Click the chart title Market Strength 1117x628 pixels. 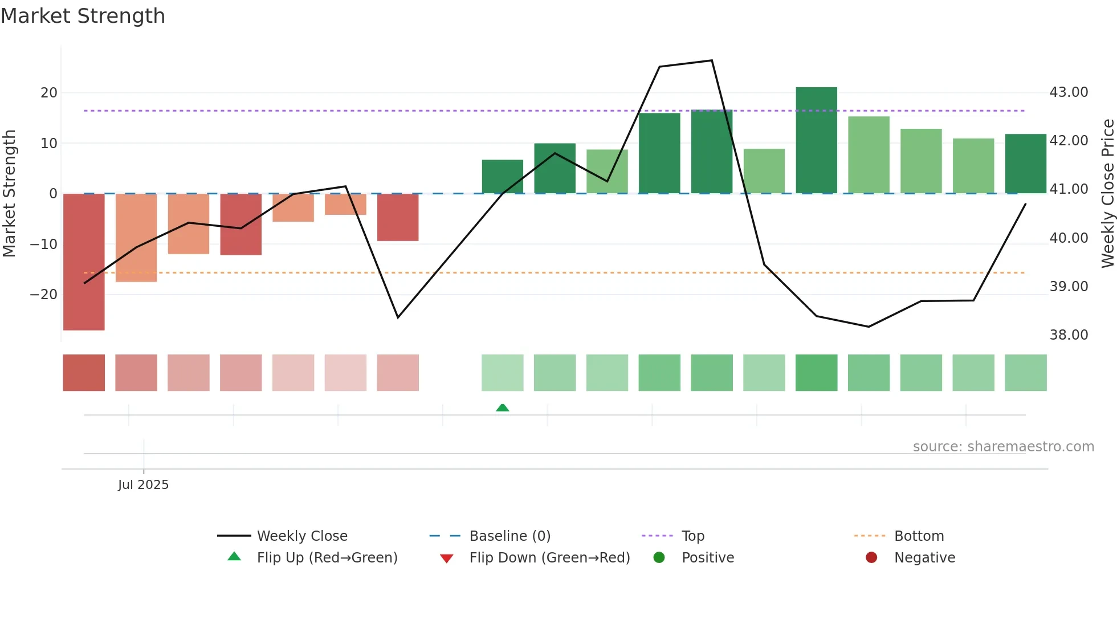click(x=83, y=16)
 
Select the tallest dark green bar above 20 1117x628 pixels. click(x=816, y=140)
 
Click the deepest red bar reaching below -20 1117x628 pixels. click(x=84, y=262)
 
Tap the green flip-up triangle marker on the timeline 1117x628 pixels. click(x=502, y=407)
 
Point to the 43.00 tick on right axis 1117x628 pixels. click(x=1069, y=92)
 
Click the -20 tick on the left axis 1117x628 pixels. click(x=44, y=295)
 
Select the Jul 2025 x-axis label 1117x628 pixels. click(x=143, y=484)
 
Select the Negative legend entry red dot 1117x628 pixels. click(x=871, y=557)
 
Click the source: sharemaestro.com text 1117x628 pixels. click(x=1003, y=446)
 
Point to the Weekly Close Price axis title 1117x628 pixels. click(x=1107, y=193)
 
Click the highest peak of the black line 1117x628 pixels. click(x=712, y=60)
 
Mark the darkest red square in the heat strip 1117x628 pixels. click(x=84, y=373)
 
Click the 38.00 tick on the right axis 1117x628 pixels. click(x=1069, y=335)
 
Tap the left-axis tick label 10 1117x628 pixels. click(x=49, y=143)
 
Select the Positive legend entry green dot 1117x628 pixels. click(x=659, y=557)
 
